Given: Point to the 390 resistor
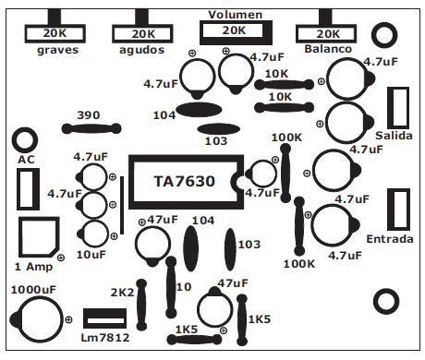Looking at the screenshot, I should [90, 130].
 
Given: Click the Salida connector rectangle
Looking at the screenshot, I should [398, 107].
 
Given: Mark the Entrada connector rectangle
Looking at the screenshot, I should [398, 210].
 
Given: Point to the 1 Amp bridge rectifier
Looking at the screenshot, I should [36, 236].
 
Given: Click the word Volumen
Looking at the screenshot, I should [235, 16].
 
